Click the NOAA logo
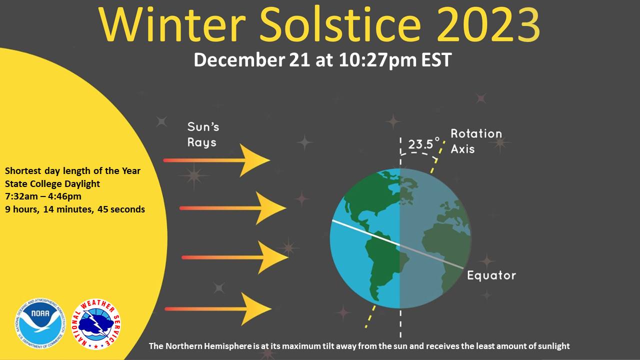tap(40, 323)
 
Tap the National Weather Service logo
tap(96, 324)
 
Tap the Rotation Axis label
tap(476, 141)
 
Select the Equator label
tap(491, 275)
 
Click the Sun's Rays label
tap(203, 134)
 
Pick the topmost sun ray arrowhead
tap(254, 160)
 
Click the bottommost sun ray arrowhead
tap(256, 309)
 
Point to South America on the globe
tap(385, 268)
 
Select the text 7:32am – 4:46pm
tap(43, 196)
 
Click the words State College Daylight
tap(52, 183)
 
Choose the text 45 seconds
tap(121, 209)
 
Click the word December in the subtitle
tap(239, 60)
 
